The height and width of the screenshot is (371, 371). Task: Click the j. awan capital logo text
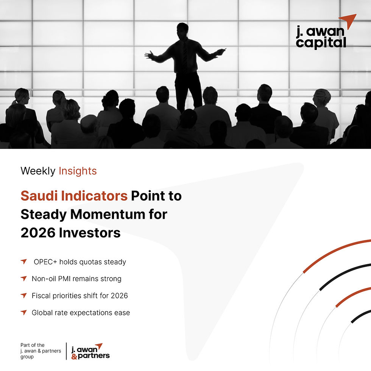[321, 37]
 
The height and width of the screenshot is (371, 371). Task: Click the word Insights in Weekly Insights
[78, 171]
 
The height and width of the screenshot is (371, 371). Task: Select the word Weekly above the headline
[38, 171]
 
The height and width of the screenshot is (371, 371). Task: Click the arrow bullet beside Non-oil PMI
[24, 279]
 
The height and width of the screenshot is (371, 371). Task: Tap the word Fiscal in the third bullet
[41, 295]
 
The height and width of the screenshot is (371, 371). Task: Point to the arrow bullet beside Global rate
[24, 312]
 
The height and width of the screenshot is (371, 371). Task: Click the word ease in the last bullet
[122, 313]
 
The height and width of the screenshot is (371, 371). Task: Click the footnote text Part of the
[33, 345]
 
